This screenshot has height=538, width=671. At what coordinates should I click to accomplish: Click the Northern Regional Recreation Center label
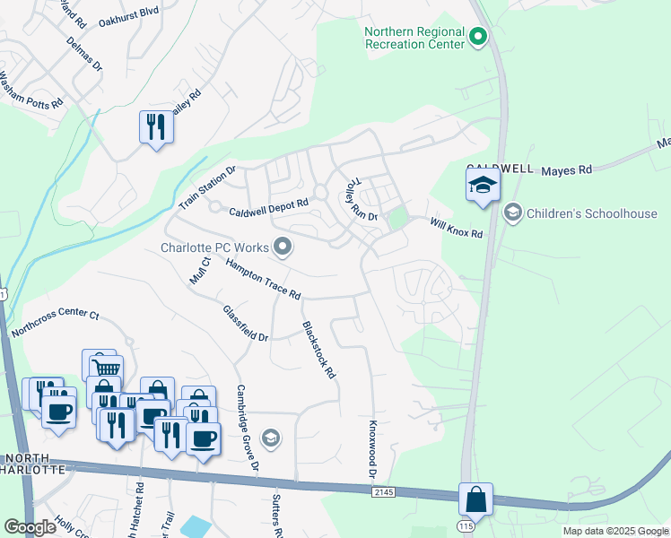[x=414, y=39]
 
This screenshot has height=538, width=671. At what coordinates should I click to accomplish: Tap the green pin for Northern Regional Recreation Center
[x=478, y=38]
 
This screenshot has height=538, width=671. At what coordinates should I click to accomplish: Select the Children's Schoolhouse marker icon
[x=512, y=213]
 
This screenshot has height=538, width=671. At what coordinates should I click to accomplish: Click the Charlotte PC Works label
[x=215, y=247]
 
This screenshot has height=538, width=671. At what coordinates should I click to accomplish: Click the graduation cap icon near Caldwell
[x=483, y=186]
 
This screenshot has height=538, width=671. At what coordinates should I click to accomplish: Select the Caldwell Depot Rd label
[x=268, y=213]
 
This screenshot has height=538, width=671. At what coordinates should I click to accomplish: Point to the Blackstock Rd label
[x=318, y=350]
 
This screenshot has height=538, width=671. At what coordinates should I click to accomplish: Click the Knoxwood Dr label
[x=371, y=448]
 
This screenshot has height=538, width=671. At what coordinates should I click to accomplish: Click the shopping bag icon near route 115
[x=475, y=499]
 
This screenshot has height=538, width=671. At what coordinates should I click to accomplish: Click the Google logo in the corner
[x=30, y=527]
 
